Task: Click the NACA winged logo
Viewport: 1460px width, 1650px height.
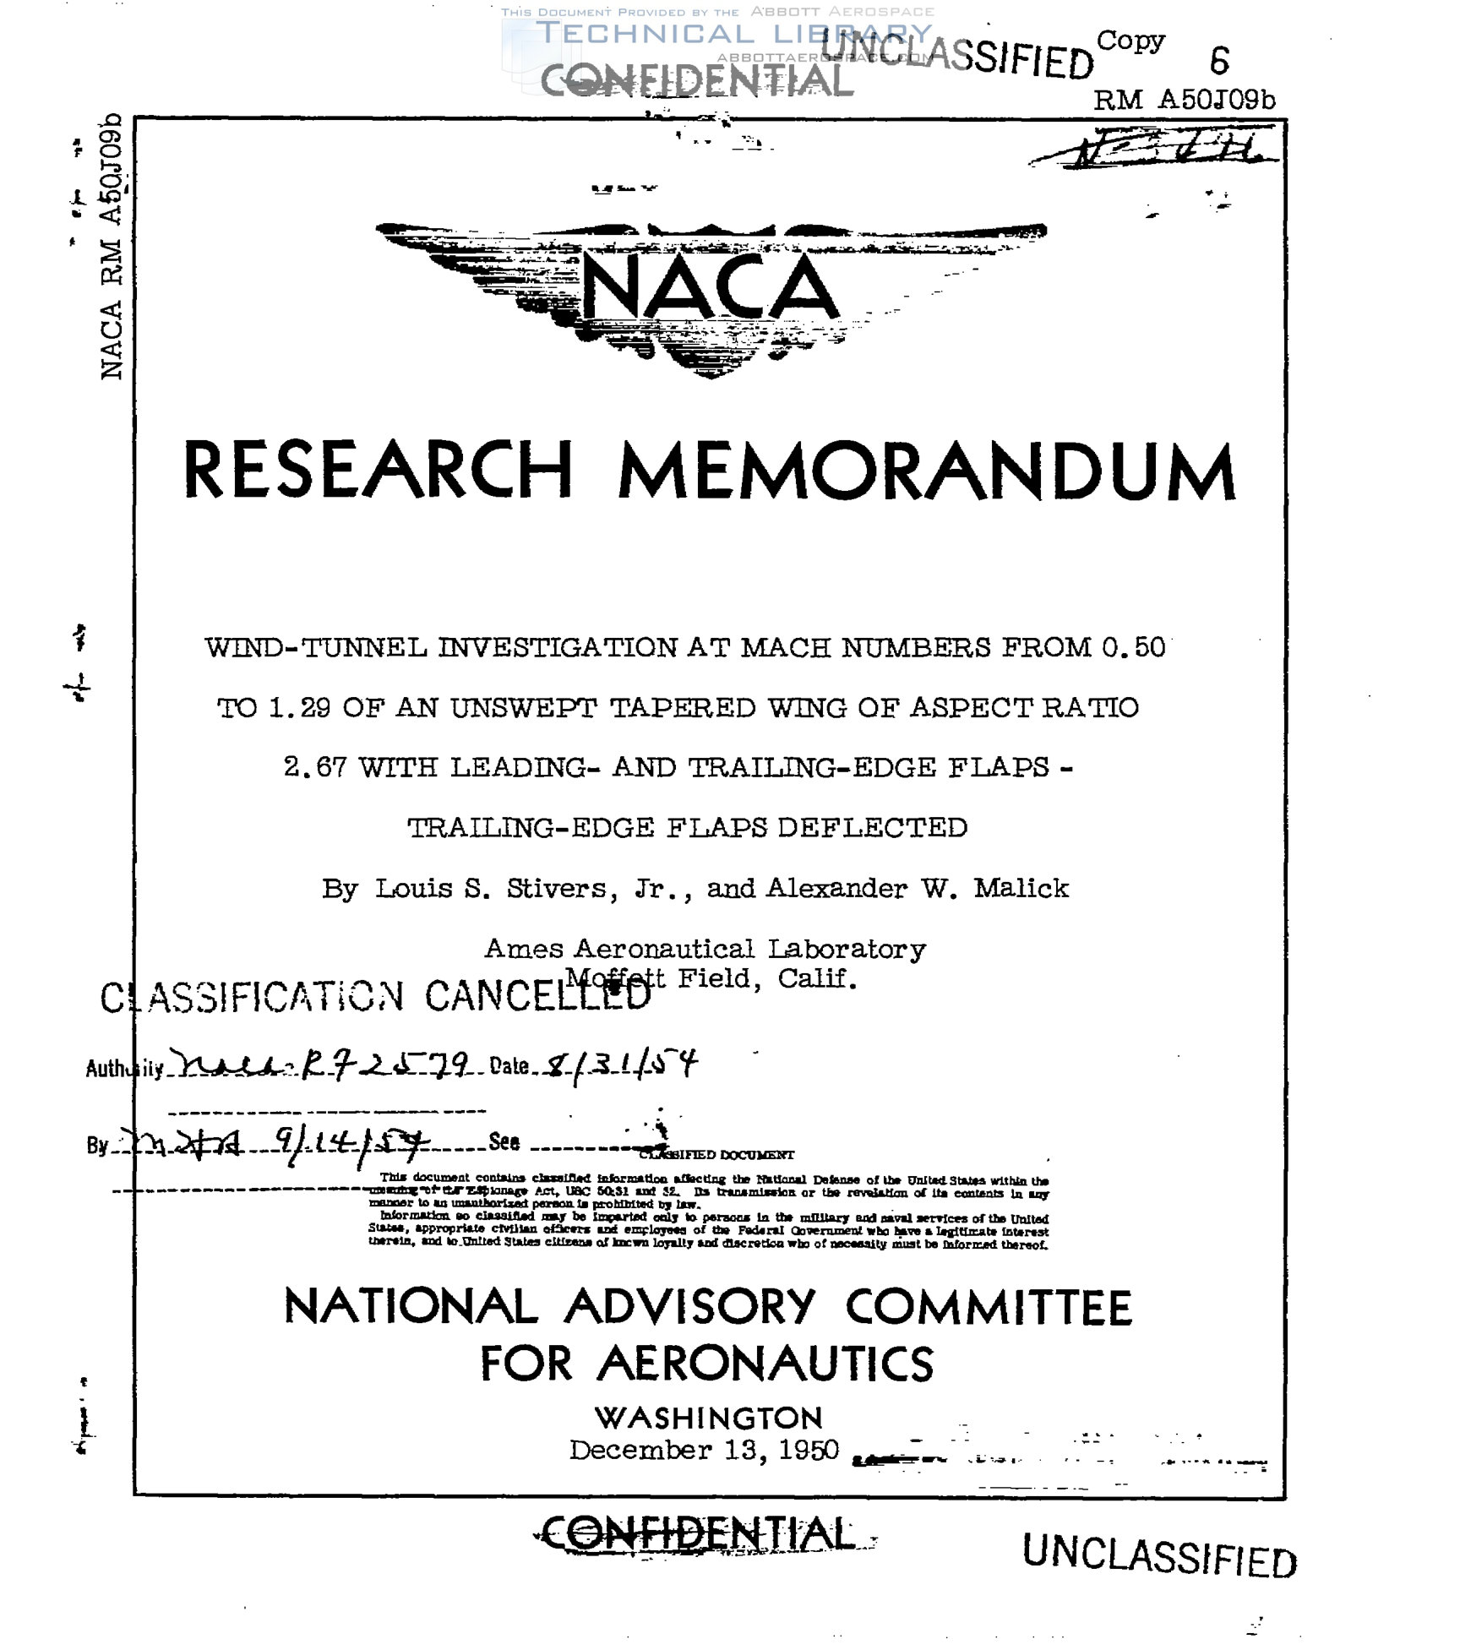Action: (710, 291)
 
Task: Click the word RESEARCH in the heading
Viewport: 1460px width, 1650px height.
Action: (378, 470)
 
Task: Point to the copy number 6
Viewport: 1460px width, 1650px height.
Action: (1219, 61)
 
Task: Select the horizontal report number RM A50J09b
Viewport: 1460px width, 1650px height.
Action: (1185, 101)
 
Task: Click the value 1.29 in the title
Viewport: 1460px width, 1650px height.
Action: (299, 707)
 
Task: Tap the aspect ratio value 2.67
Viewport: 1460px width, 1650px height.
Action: (314, 767)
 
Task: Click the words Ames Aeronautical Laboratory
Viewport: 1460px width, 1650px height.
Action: (705, 949)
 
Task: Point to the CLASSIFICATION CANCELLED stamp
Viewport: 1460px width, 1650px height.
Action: (376, 997)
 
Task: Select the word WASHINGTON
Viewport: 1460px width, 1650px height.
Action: (708, 1417)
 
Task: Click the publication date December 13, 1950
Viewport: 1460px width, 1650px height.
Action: (704, 1450)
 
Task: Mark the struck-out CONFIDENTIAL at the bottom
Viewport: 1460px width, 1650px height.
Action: (698, 1534)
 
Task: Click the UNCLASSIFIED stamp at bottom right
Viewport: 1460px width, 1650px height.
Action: (1159, 1556)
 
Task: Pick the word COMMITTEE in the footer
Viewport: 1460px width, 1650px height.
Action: (988, 1308)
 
